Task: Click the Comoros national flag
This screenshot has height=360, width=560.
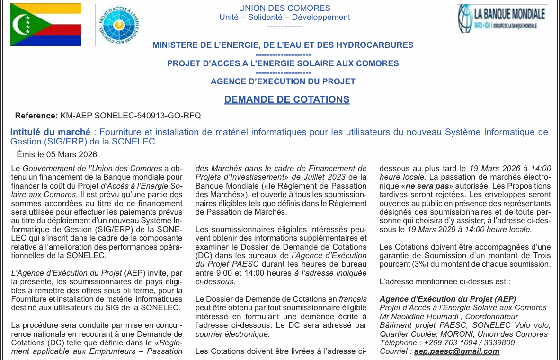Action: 45,25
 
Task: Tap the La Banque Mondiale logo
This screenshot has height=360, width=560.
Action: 502,18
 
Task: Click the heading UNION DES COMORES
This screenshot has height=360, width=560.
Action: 284,8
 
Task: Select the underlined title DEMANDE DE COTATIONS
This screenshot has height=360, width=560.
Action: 287,99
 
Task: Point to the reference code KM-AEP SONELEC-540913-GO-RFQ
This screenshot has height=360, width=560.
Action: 131,116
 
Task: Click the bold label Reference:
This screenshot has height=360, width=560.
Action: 36,116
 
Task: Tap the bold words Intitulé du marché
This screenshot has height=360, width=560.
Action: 50,132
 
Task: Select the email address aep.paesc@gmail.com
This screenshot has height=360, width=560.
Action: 456,351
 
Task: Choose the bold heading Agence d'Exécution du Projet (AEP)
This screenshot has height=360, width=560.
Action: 447,299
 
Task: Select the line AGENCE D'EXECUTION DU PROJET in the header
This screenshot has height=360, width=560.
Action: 283,81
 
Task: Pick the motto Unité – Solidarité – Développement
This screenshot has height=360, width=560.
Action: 284,17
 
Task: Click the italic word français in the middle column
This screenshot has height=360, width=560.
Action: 353,299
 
